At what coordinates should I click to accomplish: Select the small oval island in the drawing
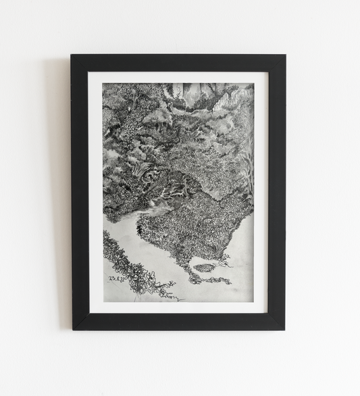pyautogui.click(x=203, y=268)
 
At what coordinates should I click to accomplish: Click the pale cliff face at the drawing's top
pyautogui.click(x=196, y=95)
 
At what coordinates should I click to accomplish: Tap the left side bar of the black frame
pyautogui.click(x=80, y=193)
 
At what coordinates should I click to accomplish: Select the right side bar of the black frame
pyautogui.click(x=277, y=193)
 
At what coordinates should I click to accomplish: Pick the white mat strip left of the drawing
pyautogui.click(x=95, y=193)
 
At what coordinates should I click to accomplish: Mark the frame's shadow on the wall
pyautogui.click(x=66, y=203)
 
